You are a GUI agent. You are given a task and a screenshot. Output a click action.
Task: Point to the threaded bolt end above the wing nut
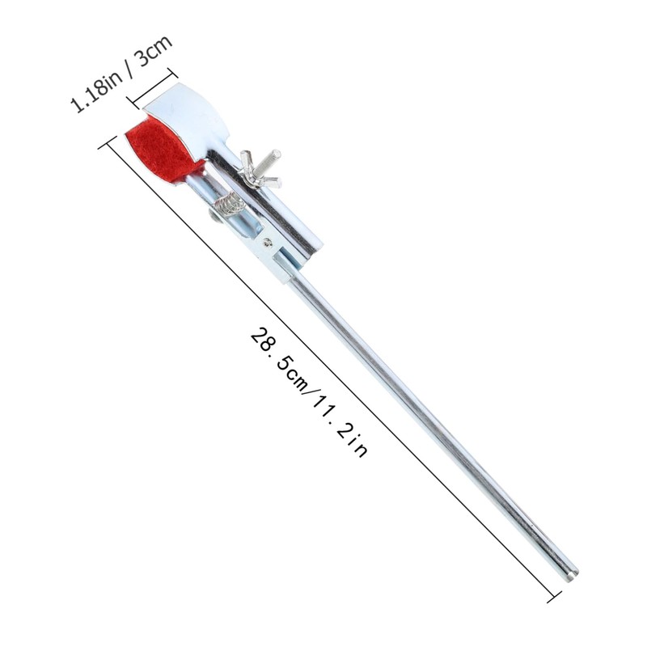(x=271, y=159)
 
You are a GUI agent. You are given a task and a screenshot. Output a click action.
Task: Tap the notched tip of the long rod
(x=570, y=574)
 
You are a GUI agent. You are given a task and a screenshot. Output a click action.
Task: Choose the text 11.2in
(x=340, y=427)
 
